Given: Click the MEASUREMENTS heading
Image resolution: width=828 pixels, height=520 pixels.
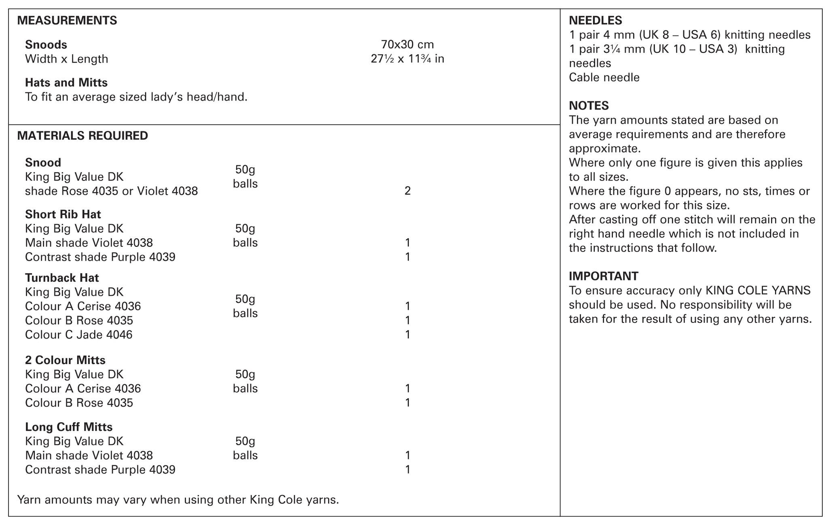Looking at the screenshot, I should coord(67,20).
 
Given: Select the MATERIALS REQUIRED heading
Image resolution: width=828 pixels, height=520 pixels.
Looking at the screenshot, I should coord(82,136).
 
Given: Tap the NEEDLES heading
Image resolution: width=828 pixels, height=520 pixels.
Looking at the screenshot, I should coord(595,20).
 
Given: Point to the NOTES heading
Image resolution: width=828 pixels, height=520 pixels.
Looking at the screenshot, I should coord(589,106).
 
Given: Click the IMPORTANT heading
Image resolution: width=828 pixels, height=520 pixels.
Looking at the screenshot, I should coord(603,276).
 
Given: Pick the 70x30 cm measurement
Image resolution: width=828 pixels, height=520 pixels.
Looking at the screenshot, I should coord(407,44).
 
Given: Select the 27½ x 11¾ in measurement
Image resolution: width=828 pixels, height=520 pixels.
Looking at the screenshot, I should coord(407,59).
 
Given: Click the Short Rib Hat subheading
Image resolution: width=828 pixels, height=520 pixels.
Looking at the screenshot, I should coord(63,214).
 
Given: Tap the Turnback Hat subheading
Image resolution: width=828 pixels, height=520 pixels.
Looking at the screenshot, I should coord(62,278).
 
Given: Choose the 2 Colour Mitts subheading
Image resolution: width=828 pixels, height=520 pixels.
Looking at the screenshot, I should coord(65,360).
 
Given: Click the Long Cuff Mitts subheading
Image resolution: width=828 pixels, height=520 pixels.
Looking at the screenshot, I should coord(69,427).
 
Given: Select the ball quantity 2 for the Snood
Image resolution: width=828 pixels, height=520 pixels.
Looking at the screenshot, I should coord(408,191).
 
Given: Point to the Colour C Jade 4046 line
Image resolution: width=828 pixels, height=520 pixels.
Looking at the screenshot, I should coord(79,335).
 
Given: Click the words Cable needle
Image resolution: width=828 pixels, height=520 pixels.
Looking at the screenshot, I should coord(604,78).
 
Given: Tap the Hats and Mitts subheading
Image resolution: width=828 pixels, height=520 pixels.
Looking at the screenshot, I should coord(66,83).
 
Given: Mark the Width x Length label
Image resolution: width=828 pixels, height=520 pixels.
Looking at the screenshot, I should coord(67,59).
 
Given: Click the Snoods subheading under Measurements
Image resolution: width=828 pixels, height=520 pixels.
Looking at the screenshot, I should coord(46,44).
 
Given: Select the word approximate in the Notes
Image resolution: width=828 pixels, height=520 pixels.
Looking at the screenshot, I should coord(604,149).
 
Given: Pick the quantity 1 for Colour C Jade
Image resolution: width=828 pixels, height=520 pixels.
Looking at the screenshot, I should coord(408,335).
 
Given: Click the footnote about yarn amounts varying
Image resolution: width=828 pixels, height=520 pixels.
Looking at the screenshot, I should coord(178,500).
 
